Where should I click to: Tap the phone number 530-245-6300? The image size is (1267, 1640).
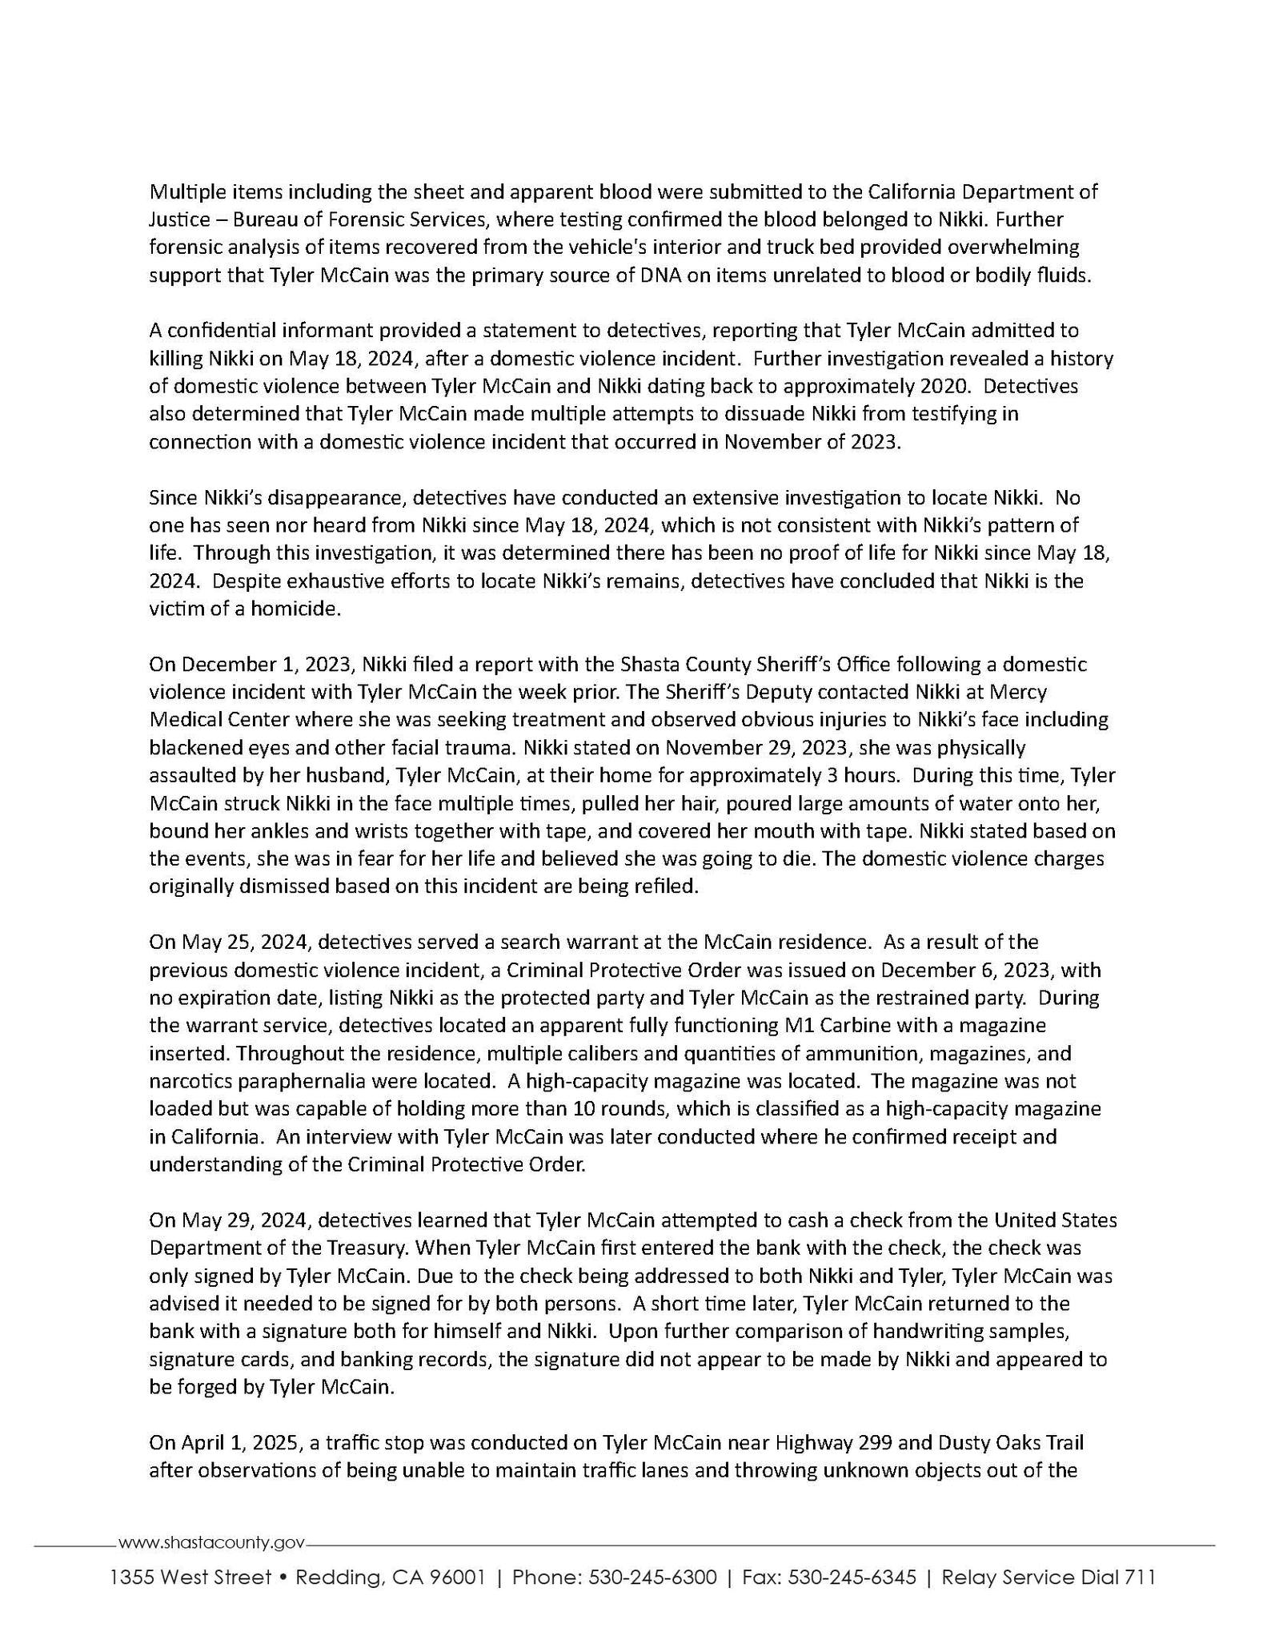pyautogui.click(x=652, y=1578)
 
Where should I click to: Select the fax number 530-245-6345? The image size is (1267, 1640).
pyautogui.click(x=852, y=1578)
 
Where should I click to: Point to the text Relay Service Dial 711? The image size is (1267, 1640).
pyautogui.click(x=1048, y=1578)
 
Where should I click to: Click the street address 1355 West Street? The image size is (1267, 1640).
pyautogui.click(x=190, y=1578)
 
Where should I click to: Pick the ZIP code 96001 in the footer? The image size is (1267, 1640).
pyautogui.click(x=458, y=1578)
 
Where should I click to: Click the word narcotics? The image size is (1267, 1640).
pyautogui.click(x=190, y=1081)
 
